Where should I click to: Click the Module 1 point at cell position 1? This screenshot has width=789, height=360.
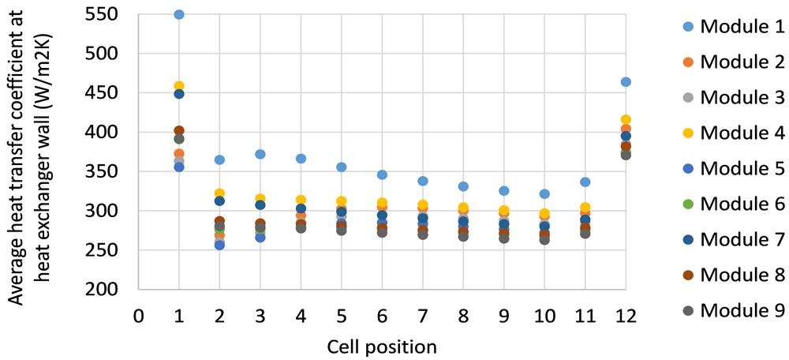[178, 14]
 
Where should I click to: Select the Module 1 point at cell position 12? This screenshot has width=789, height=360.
[626, 81]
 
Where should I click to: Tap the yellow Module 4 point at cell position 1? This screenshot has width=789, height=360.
[178, 86]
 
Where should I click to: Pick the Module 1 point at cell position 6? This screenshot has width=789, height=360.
[382, 174]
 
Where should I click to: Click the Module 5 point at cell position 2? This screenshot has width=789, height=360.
[219, 246]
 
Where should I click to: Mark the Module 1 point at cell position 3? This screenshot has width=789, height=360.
[260, 154]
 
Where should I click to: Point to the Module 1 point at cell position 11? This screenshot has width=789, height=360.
[585, 182]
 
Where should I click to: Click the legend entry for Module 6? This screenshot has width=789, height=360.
[734, 204]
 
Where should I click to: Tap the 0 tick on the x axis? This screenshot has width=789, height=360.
[138, 317]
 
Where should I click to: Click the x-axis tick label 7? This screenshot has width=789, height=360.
[423, 317]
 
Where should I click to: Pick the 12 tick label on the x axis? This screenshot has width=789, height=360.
[626, 317]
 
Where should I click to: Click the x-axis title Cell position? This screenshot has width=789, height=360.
[381, 347]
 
